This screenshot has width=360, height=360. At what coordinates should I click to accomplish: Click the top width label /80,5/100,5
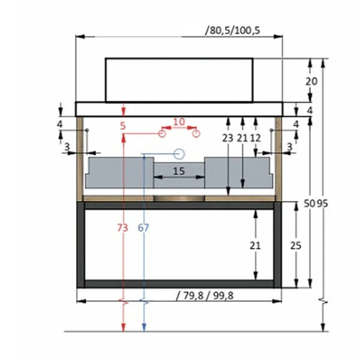[232, 31]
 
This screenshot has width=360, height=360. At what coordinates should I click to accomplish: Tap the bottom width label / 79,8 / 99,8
[205, 295]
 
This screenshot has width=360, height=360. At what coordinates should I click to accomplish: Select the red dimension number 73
[122, 228]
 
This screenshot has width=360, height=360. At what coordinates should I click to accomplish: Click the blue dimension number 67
[143, 228]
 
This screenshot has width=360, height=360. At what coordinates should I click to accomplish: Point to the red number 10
[179, 122]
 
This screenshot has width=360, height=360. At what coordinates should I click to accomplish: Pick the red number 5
[123, 126]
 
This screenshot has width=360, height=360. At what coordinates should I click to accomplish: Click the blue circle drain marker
[179, 154]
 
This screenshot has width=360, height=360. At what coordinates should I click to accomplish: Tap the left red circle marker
[162, 133]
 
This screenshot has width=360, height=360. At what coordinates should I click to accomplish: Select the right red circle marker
[196, 133]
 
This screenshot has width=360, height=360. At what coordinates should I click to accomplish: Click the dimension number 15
[179, 171]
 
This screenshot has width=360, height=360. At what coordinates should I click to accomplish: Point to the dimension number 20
[311, 81]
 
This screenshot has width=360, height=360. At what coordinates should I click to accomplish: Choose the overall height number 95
[322, 203]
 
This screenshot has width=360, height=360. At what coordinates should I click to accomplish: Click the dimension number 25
[295, 245]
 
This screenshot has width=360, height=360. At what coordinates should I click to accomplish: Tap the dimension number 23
[228, 138]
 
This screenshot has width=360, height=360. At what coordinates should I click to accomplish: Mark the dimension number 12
[256, 138]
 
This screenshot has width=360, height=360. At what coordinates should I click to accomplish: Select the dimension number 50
[310, 203]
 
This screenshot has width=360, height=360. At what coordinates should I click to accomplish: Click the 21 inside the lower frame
[255, 245]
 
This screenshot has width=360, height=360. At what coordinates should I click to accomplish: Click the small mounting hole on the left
[87, 130]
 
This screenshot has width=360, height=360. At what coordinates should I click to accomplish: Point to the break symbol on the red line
[124, 302]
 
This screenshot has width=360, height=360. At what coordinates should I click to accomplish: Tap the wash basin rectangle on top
[179, 80]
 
